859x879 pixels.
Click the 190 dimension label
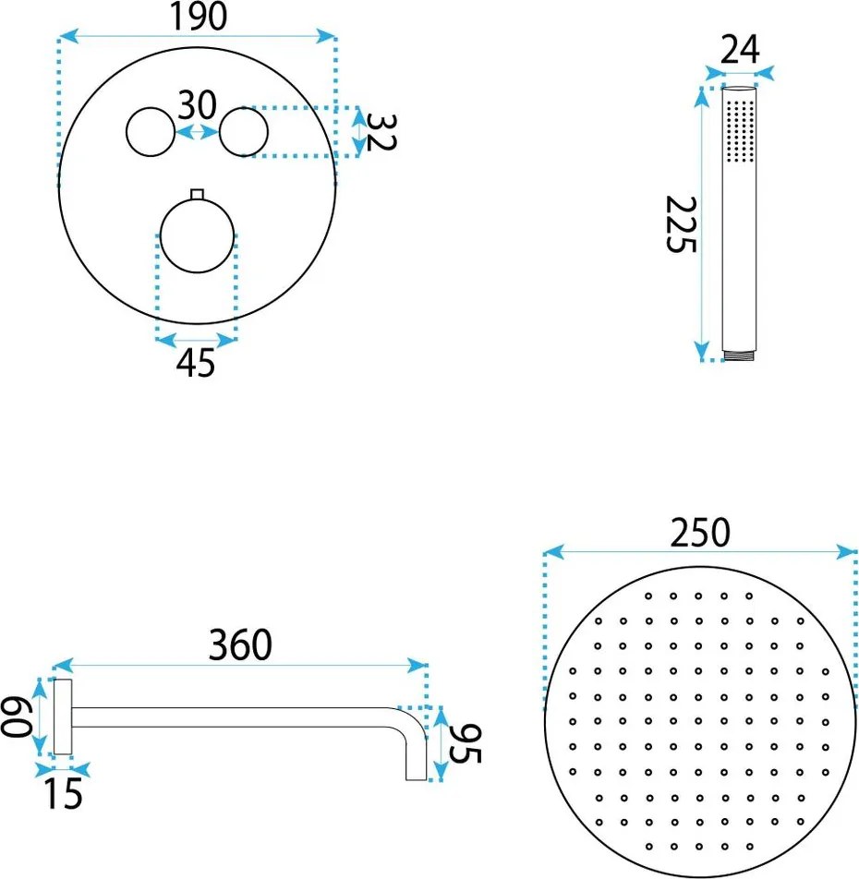click(200, 16)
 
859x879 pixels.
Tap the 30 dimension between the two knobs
click(197, 104)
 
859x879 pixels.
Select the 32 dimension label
click(381, 132)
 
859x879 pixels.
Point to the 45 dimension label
click(196, 362)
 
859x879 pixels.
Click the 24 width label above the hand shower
click(740, 49)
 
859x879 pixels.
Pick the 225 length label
click(681, 224)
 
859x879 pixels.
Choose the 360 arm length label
click(240, 644)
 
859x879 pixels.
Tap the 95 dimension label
click(466, 744)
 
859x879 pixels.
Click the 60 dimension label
click(15, 716)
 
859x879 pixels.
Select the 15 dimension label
click(64, 793)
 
